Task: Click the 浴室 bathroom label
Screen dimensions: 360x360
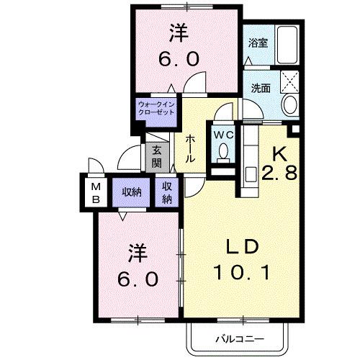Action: click(x=257, y=42)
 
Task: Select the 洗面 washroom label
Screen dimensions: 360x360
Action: click(x=261, y=88)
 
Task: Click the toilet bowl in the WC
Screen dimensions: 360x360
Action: click(x=223, y=152)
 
